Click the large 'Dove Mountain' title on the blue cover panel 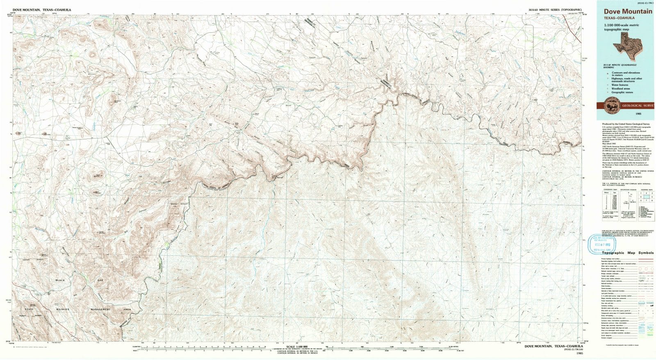tap(627, 11)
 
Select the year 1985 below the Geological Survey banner tap(627, 114)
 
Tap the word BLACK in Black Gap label tap(60, 280)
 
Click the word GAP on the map tap(100, 280)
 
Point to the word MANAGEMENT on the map tap(100, 309)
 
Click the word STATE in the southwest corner tap(29, 309)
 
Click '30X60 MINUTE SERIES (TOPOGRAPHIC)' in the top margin tap(555, 9)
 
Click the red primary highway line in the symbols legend tap(645, 259)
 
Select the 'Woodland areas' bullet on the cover tap(620, 89)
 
